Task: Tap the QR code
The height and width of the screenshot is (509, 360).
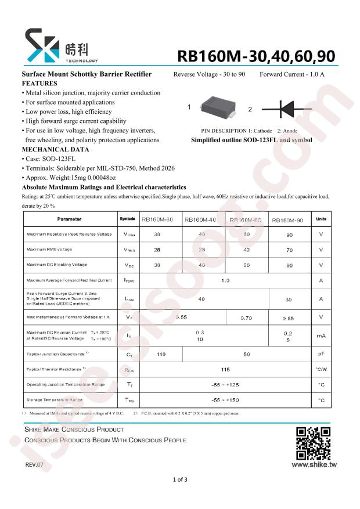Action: (313, 443)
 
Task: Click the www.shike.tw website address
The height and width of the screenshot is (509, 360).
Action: (315, 464)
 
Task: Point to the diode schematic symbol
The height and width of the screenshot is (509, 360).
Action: (289, 109)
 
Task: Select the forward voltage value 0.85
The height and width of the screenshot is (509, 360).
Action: (288, 318)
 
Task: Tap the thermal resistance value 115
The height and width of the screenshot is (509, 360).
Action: (225, 369)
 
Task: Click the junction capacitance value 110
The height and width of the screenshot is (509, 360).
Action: (161, 353)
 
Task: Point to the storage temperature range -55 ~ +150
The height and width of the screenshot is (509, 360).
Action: (225, 400)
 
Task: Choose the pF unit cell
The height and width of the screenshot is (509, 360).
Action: (321, 353)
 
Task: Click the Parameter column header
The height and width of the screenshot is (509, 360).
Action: (70, 219)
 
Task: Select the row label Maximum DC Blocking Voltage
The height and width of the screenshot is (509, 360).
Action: (57, 265)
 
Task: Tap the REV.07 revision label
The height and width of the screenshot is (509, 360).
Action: (34, 465)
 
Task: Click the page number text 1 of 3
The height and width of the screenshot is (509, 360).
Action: (180, 479)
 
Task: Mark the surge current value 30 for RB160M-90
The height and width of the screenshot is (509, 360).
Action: (288, 299)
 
